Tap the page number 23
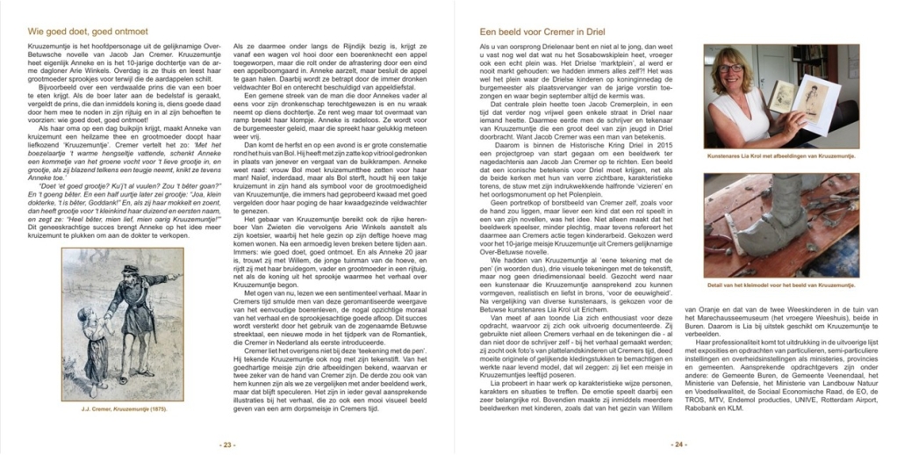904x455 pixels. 227,444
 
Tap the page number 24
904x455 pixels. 678,444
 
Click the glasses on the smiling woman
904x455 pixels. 731,68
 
